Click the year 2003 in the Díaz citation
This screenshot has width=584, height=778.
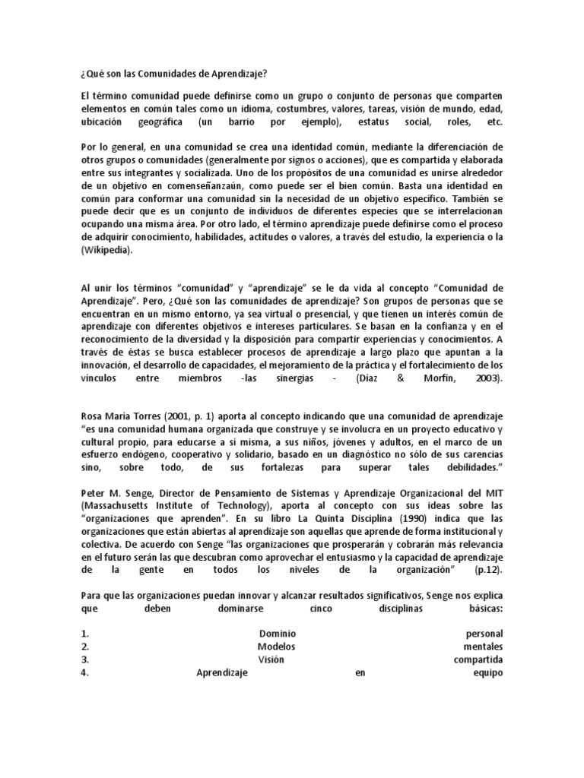click(487, 378)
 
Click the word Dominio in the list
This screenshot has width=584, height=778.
click(277, 634)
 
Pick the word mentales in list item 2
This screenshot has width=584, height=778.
click(483, 647)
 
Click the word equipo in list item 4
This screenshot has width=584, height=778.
click(487, 672)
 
